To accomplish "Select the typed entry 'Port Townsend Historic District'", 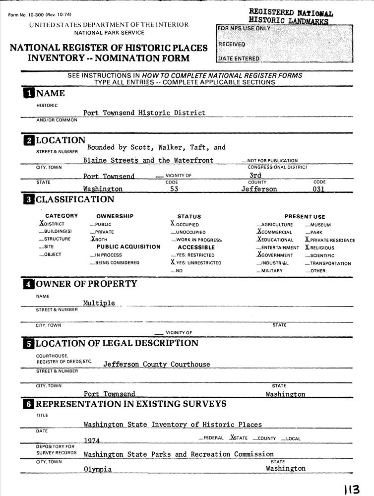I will point(144,113).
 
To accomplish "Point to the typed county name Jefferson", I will point(259,189).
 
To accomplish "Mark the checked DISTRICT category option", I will point(52,224).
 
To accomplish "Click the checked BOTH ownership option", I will point(101,239).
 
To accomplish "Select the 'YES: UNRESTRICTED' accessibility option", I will point(195,263).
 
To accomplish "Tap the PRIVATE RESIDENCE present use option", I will point(330,240).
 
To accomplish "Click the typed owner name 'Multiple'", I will point(99,303).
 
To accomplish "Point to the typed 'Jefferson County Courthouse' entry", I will point(156,364).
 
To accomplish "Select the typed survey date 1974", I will point(92,440).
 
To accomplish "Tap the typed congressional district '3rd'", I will point(255,175).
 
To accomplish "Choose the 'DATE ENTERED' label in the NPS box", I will point(239,59).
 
